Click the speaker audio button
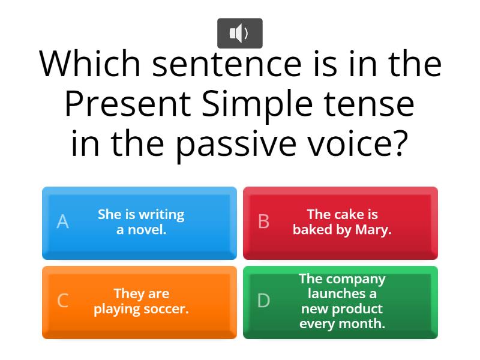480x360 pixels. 239,33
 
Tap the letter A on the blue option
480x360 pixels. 62,222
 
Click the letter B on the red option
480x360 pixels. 263,222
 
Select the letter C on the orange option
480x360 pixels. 62,301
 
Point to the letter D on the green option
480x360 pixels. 263,301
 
